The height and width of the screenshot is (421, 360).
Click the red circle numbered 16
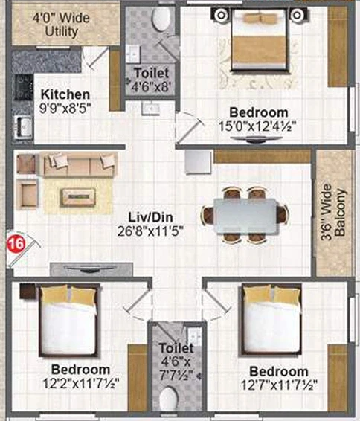pyautogui.click(x=16, y=244)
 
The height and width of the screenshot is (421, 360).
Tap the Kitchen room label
pyautogui.click(x=65, y=94)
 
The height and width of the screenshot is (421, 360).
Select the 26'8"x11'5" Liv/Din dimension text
pyautogui.click(x=150, y=231)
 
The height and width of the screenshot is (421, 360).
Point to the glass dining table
pyautogui.click(x=245, y=215)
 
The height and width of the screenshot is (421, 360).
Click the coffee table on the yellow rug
pyautogui.click(x=77, y=197)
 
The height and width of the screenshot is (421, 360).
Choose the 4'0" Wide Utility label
pyautogui.click(x=61, y=25)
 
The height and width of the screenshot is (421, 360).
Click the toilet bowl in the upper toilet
pyautogui.click(x=161, y=18)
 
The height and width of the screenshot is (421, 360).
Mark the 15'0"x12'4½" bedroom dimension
pyautogui.click(x=257, y=126)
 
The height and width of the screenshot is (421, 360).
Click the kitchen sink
pyautogui.click(x=23, y=126)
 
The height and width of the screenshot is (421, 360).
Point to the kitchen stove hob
pyautogui.click(x=24, y=87)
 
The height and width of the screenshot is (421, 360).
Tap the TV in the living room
pyautogui.click(x=89, y=269)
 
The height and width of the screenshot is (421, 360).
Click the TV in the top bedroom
pyautogui.click(x=256, y=139)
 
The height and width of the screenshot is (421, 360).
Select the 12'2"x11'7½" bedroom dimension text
pyautogui.click(x=81, y=383)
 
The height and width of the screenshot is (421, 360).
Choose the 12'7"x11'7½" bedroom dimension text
pyautogui.click(x=279, y=385)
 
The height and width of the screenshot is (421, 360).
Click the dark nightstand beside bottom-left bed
pyautogui.click(x=28, y=292)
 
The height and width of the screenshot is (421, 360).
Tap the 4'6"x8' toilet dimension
pyautogui.click(x=151, y=87)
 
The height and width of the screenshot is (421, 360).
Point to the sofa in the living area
pyautogui.click(x=78, y=164)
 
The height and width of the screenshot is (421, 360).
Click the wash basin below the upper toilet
pyautogui.click(x=150, y=109)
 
